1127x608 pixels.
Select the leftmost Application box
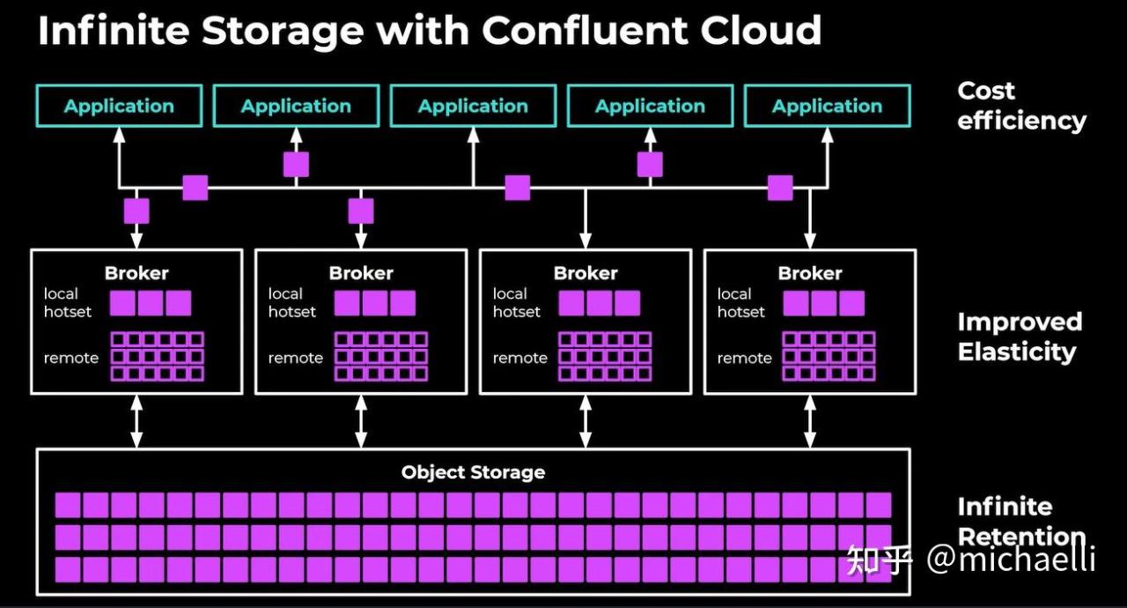coord(119,106)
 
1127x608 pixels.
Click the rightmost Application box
coord(827,106)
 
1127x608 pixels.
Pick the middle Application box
coord(473,106)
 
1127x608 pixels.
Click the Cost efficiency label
coord(1021,106)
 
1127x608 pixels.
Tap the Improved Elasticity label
coord(1020,337)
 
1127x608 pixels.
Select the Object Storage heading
coord(473,472)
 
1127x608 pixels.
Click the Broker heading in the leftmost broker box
coord(136,273)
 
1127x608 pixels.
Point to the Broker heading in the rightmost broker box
coord(810,273)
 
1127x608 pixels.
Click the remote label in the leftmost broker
coord(71,358)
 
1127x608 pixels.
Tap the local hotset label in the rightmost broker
coord(740,302)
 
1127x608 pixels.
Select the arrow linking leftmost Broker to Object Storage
coord(136,421)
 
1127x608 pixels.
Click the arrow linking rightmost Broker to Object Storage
coord(810,421)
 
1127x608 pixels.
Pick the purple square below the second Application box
coord(296,165)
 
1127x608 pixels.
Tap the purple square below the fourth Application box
coord(650,165)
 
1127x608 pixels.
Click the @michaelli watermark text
coord(1011,559)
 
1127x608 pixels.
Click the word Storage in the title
coord(282,31)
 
